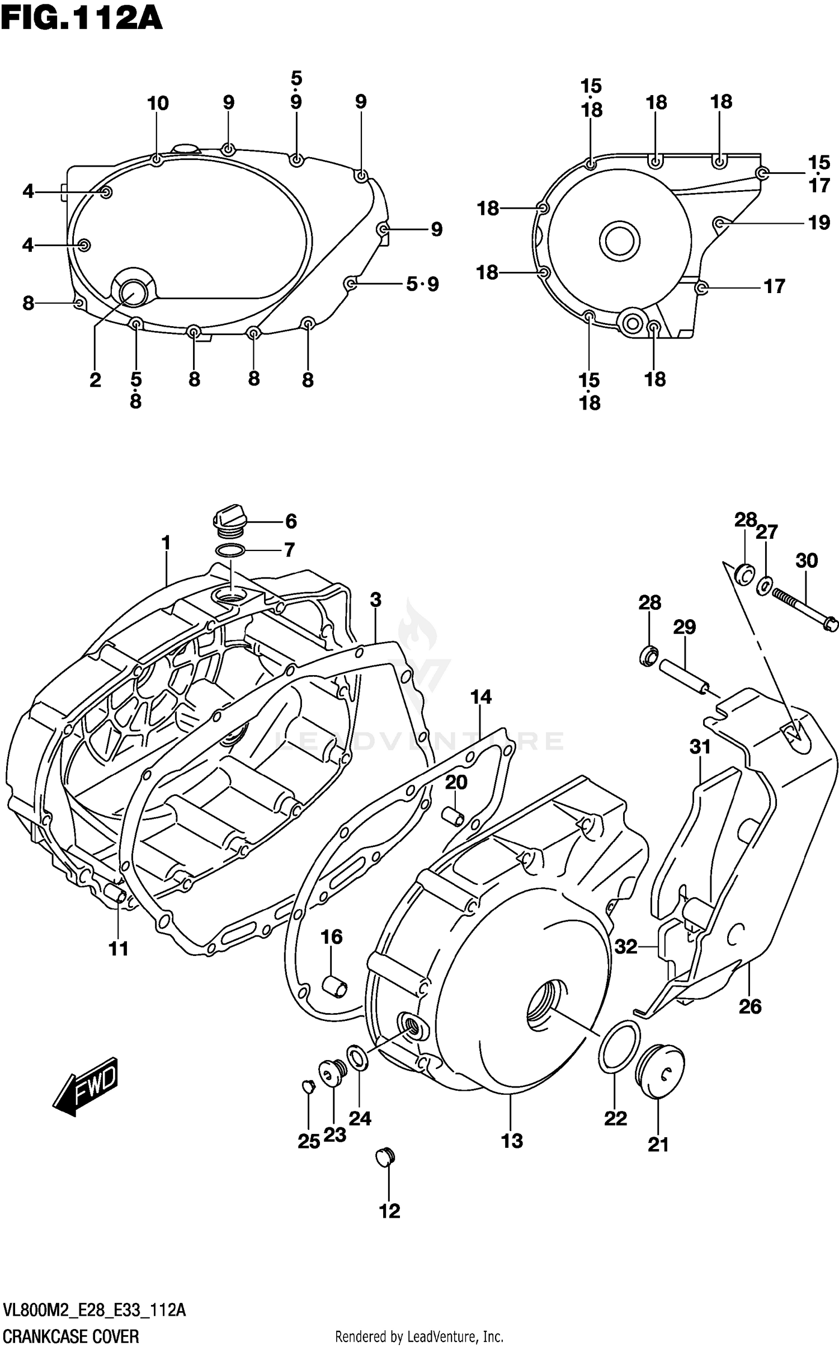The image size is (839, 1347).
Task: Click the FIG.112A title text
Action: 82,19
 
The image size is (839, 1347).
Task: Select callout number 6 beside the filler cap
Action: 291,521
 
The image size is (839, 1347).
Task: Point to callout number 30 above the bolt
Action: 807,560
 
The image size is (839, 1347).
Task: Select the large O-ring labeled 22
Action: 619,1047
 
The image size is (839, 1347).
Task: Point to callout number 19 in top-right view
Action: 819,223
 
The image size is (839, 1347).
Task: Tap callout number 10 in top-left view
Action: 158,103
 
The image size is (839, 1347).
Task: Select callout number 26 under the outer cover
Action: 750,1006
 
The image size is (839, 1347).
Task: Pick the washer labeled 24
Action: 357,1058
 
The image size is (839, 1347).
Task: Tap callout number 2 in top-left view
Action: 95,380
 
